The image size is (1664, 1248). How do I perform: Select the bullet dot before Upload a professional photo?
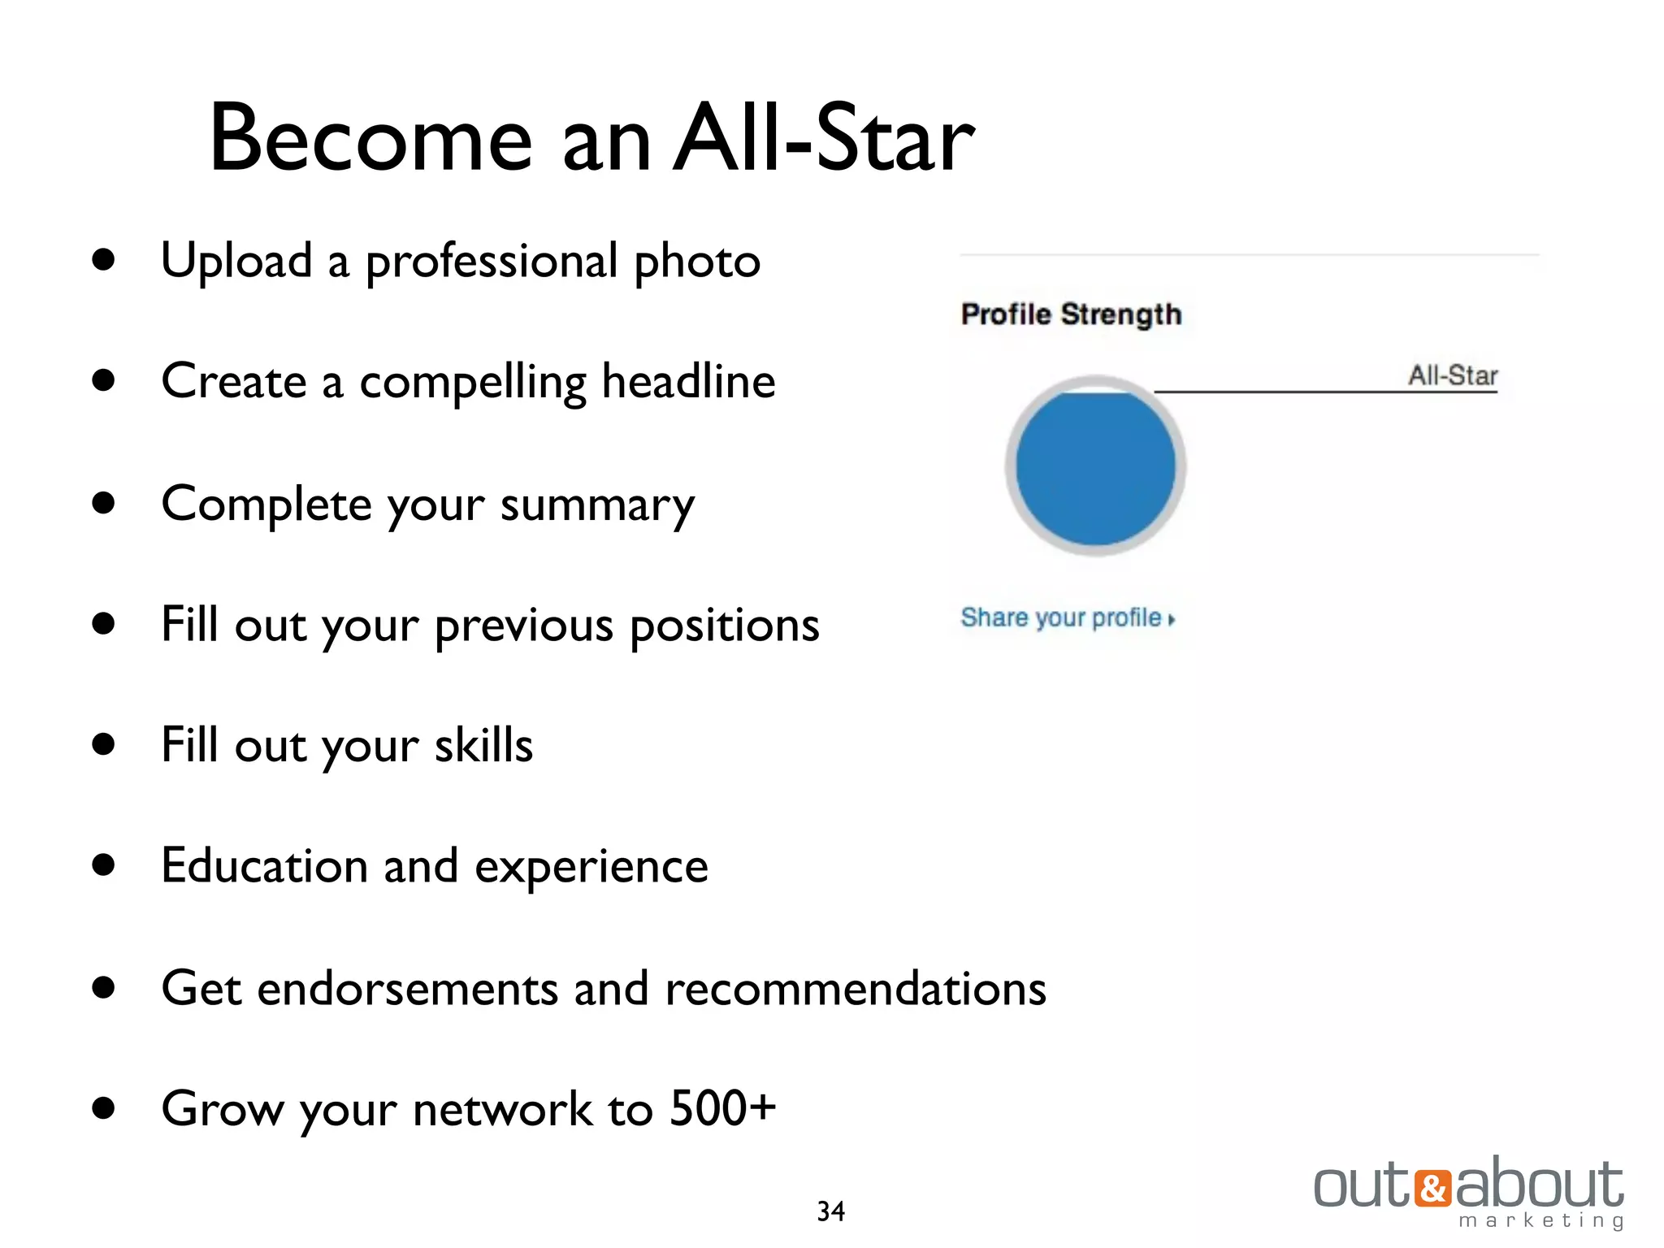click(x=103, y=260)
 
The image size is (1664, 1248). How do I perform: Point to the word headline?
click(x=688, y=382)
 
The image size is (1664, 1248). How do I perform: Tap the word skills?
click(x=483, y=745)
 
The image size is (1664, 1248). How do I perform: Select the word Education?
click(x=265, y=866)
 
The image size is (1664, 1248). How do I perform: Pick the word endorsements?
click(x=408, y=989)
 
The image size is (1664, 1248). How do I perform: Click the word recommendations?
click(x=855, y=989)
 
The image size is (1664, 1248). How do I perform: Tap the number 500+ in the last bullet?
click(x=722, y=1108)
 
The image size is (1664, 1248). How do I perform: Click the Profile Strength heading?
click(x=1071, y=314)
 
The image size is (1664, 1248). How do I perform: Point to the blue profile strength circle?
click(x=1095, y=467)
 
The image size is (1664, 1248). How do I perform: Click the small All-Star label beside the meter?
click(x=1453, y=376)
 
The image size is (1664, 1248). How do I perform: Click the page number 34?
click(x=830, y=1211)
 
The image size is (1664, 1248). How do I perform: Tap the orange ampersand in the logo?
click(x=1432, y=1188)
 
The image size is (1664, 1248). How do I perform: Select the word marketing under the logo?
click(x=1541, y=1221)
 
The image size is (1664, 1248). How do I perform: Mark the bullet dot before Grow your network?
click(x=103, y=1108)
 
